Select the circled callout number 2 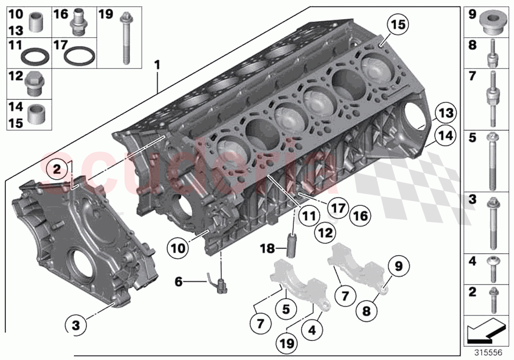coord(57,170)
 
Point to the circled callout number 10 coord(179,248)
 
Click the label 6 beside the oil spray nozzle coord(178,281)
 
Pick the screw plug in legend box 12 coord(34,84)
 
